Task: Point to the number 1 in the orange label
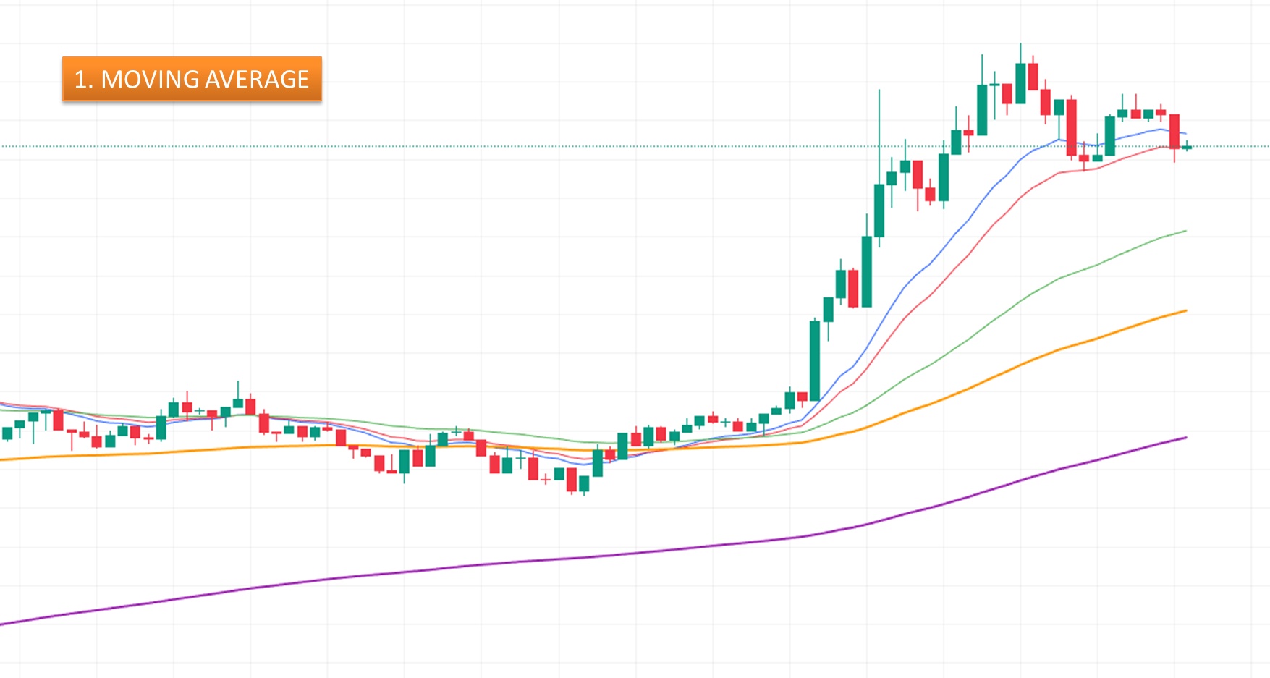click(x=81, y=79)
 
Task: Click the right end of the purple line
click(x=1185, y=438)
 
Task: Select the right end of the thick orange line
click(x=1185, y=311)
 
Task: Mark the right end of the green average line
click(x=1185, y=231)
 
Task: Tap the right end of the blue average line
click(x=1185, y=134)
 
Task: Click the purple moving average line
click(x=579, y=557)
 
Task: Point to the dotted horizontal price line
click(x=434, y=146)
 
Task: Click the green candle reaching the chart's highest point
click(x=1020, y=83)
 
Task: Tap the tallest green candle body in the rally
click(x=815, y=360)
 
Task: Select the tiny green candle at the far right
click(x=1187, y=148)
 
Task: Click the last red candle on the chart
click(x=1174, y=131)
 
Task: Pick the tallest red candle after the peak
click(x=1071, y=127)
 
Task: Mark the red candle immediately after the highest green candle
click(x=1033, y=76)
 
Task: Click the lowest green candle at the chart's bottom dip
click(x=583, y=483)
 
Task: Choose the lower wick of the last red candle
click(x=1174, y=156)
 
